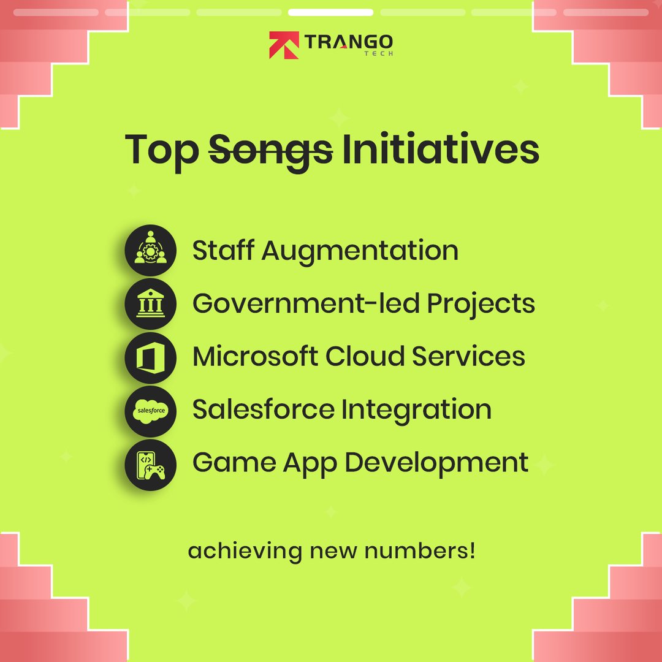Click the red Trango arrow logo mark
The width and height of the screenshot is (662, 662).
pos(284,45)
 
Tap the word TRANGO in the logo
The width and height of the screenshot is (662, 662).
pos(349,42)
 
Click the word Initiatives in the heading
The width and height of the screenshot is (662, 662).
pos(440,148)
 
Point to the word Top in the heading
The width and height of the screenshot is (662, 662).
pos(162,151)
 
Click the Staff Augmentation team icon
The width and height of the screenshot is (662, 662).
pos(150,250)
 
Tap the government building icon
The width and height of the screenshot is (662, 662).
pos(150,303)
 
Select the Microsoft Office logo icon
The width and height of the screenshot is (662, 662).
pos(150,357)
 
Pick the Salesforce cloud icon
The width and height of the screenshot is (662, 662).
pos(150,411)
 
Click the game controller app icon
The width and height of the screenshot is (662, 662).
pos(150,465)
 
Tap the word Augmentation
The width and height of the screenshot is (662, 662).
pos(360,252)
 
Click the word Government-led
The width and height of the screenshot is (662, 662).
pos(306,303)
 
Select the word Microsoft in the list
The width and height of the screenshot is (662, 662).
pos(255,356)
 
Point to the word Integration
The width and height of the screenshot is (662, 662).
pos(416,410)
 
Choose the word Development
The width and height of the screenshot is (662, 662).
pos(436,463)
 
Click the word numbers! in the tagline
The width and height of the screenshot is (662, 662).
pos(420,550)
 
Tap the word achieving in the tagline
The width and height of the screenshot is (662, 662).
pos(245,552)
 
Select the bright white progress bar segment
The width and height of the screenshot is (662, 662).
pos(330,12)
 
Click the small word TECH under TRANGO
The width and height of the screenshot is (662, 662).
pos(379,53)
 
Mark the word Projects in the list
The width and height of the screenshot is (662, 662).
pos(481,305)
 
